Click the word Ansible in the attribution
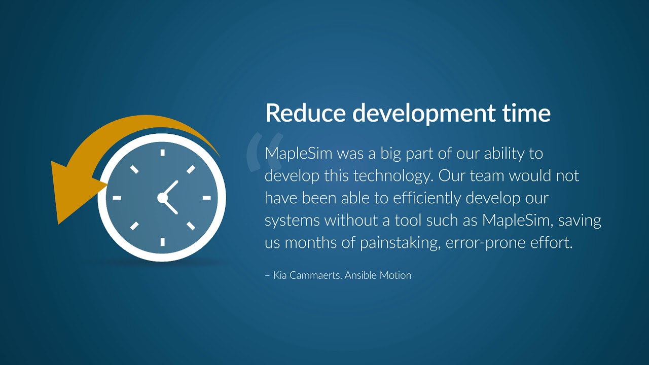359,275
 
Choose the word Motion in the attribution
394,275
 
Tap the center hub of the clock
162,198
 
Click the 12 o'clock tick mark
162,152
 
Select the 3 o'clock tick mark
207,197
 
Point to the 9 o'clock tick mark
117,197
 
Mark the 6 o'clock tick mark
162,242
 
